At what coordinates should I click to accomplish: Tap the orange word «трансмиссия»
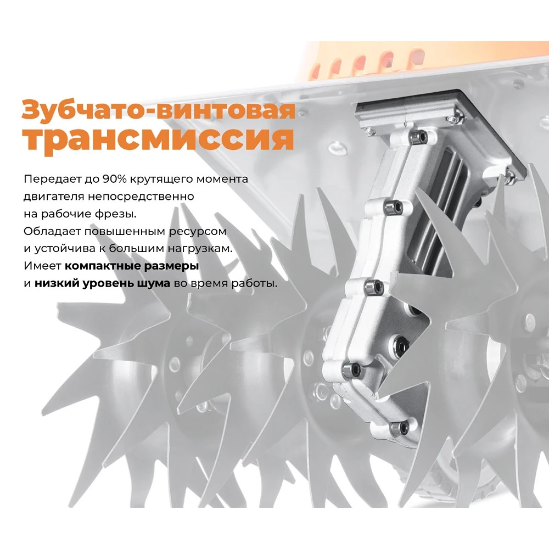158,138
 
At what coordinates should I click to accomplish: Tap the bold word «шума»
155,283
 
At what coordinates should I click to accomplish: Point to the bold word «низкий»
55,283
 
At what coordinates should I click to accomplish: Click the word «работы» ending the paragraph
256,283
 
